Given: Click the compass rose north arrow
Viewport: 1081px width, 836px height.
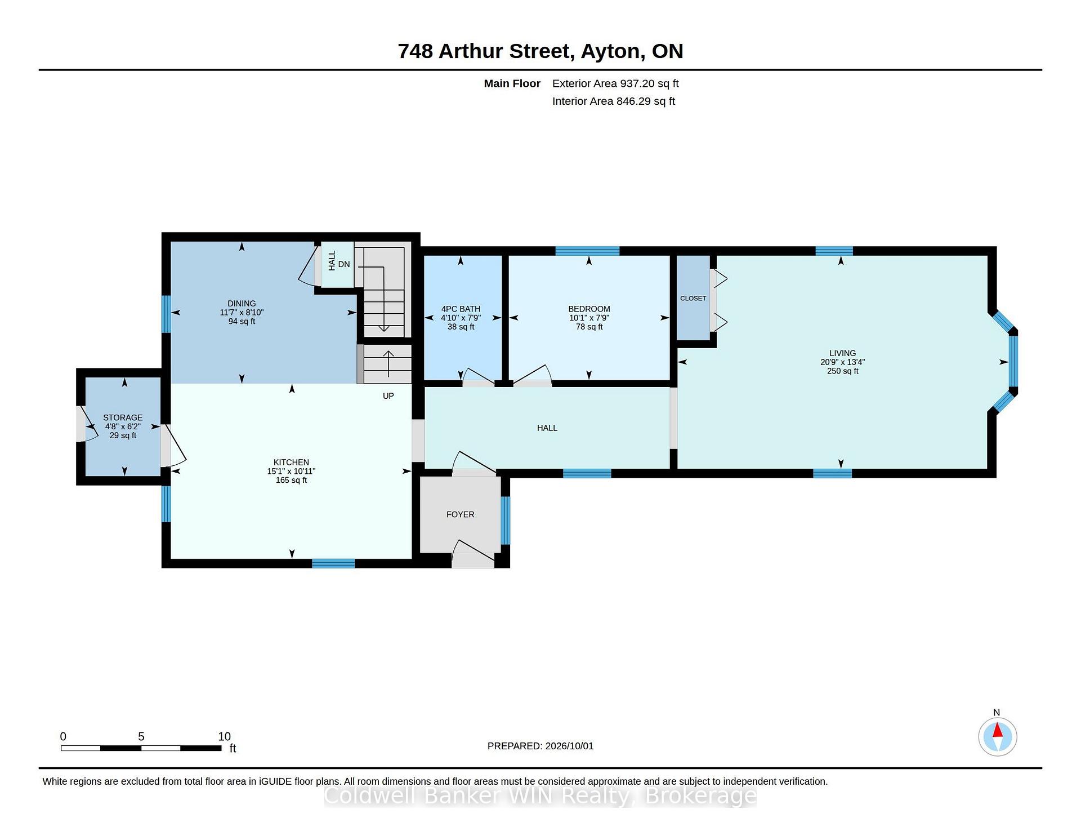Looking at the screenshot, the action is pyautogui.click(x=998, y=731).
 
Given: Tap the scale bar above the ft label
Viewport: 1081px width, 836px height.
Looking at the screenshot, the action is pyautogui.click(x=141, y=748).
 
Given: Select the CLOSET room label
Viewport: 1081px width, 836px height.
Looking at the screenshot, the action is pyautogui.click(x=693, y=299).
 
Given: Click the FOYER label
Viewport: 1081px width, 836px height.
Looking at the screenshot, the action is pyautogui.click(x=460, y=514).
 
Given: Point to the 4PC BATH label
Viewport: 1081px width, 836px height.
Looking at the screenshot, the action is pyautogui.click(x=461, y=309).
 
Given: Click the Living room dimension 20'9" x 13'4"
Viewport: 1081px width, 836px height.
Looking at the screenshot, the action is pyautogui.click(x=842, y=362).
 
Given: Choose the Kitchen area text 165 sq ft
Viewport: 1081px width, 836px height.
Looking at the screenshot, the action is pyautogui.click(x=291, y=480).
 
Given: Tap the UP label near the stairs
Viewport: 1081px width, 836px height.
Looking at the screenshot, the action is pyautogui.click(x=388, y=396).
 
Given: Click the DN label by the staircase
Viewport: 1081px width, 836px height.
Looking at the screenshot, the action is pyautogui.click(x=344, y=264).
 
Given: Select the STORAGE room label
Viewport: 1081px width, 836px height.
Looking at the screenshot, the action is pyautogui.click(x=123, y=417).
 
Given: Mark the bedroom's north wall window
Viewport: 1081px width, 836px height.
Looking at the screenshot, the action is pyautogui.click(x=587, y=251).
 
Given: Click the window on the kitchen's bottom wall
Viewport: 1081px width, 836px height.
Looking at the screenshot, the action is pyautogui.click(x=333, y=563).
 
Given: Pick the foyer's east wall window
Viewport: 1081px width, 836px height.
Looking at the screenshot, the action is pyautogui.click(x=506, y=521).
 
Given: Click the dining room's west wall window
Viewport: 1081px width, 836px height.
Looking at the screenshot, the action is pyautogui.click(x=166, y=314).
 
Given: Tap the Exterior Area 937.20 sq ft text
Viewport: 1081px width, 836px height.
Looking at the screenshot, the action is pyautogui.click(x=615, y=83).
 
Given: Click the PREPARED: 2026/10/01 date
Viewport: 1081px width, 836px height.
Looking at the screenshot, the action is pyautogui.click(x=540, y=746).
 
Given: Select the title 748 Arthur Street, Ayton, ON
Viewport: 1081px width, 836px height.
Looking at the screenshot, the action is pyautogui.click(x=540, y=51).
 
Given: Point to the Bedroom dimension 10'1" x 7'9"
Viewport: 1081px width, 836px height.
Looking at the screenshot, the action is pyautogui.click(x=589, y=318).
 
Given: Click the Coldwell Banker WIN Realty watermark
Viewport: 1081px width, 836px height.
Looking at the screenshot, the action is pyautogui.click(x=540, y=796).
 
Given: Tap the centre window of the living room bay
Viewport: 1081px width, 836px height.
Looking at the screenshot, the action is pyautogui.click(x=1013, y=361).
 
